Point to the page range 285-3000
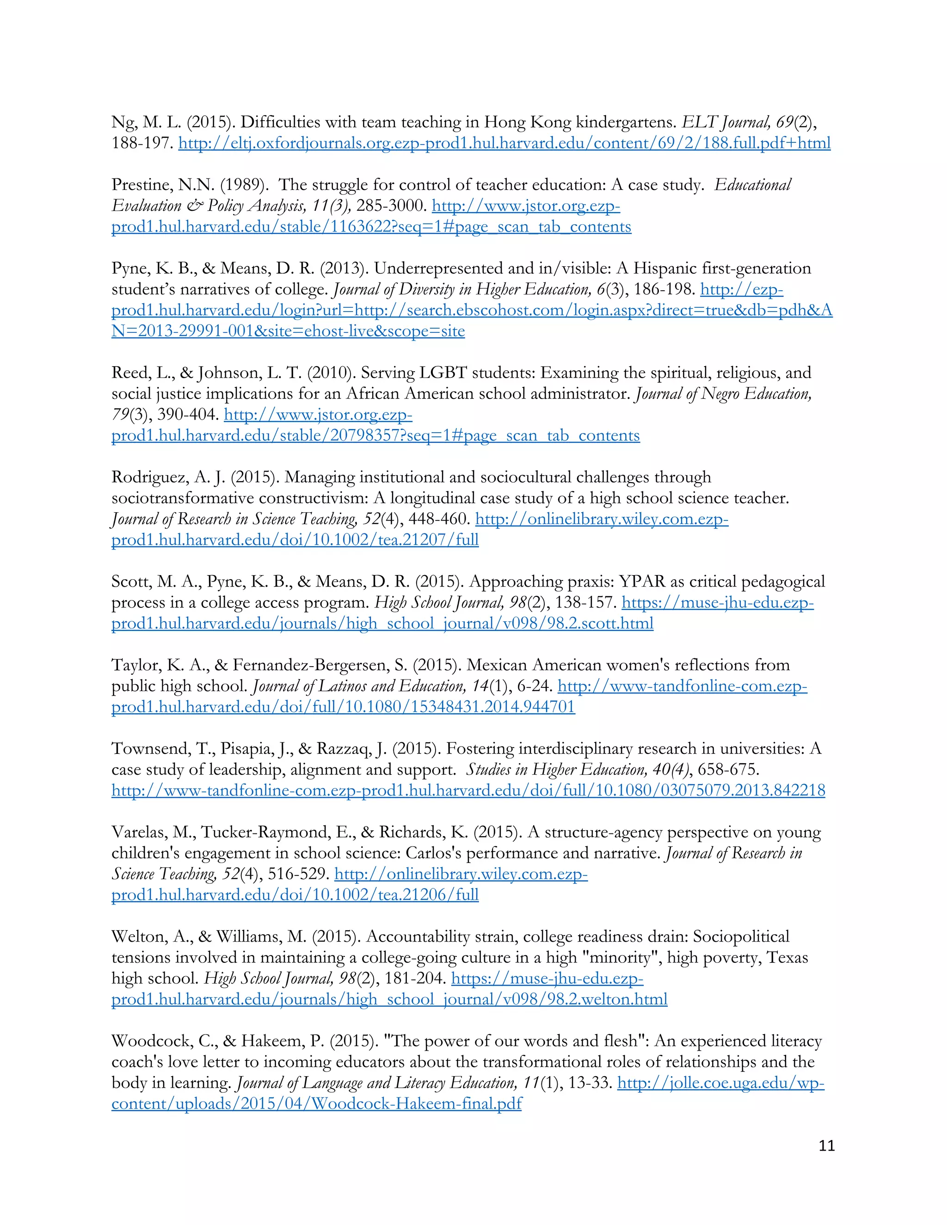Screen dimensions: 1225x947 coord(390,206)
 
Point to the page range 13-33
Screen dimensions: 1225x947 coord(589,1083)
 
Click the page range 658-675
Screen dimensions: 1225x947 coord(728,770)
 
